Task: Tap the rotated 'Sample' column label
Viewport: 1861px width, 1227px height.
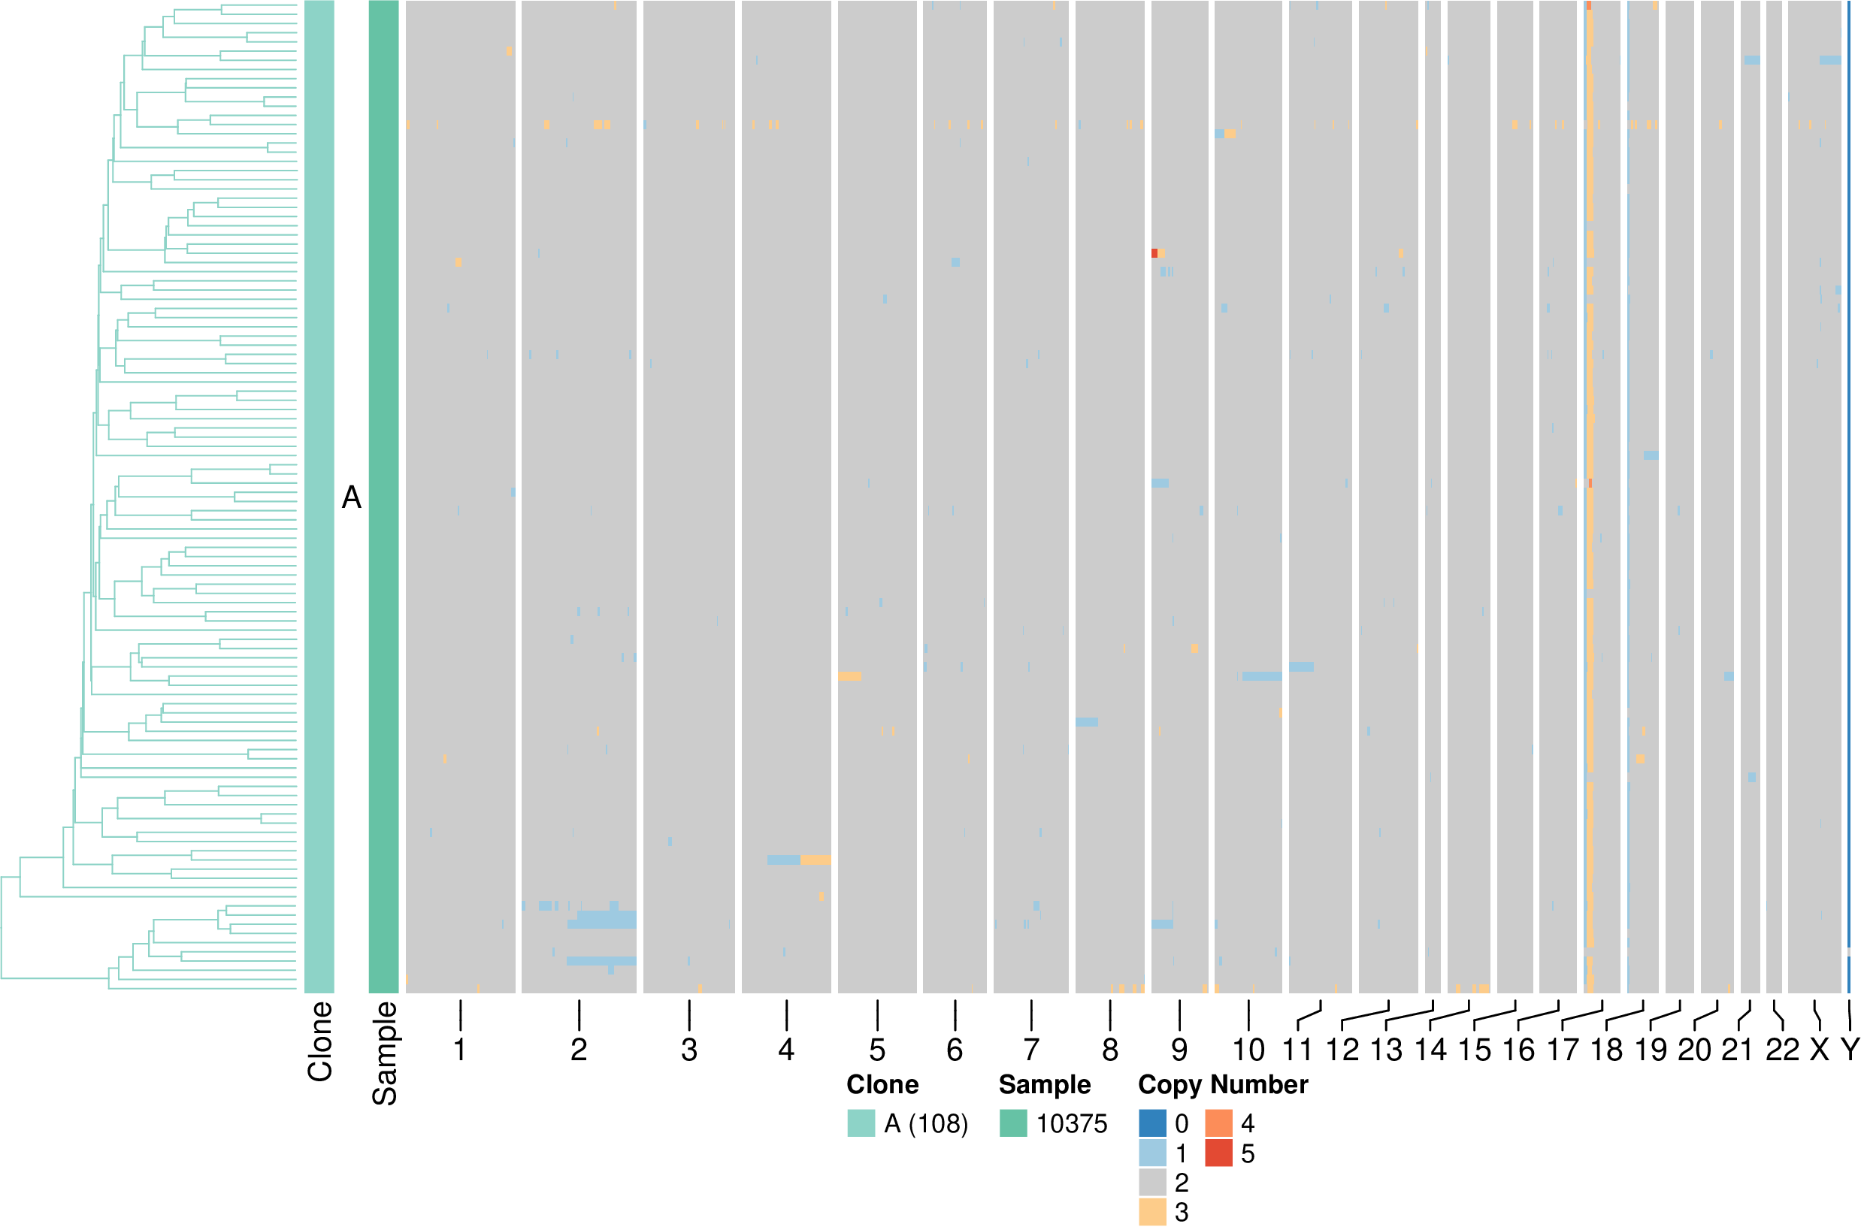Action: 384,1053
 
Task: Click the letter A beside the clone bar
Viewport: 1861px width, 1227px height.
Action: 352,497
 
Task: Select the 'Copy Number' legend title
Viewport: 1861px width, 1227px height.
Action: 1222,1084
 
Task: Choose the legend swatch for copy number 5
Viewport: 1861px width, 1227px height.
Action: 1218,1153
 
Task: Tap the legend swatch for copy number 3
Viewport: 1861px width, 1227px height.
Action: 1152,1211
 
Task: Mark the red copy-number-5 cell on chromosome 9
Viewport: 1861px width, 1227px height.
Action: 1154,253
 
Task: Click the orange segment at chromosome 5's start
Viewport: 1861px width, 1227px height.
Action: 849,676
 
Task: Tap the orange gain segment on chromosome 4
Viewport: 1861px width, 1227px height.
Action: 816,860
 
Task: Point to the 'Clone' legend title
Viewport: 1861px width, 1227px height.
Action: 882,1084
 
